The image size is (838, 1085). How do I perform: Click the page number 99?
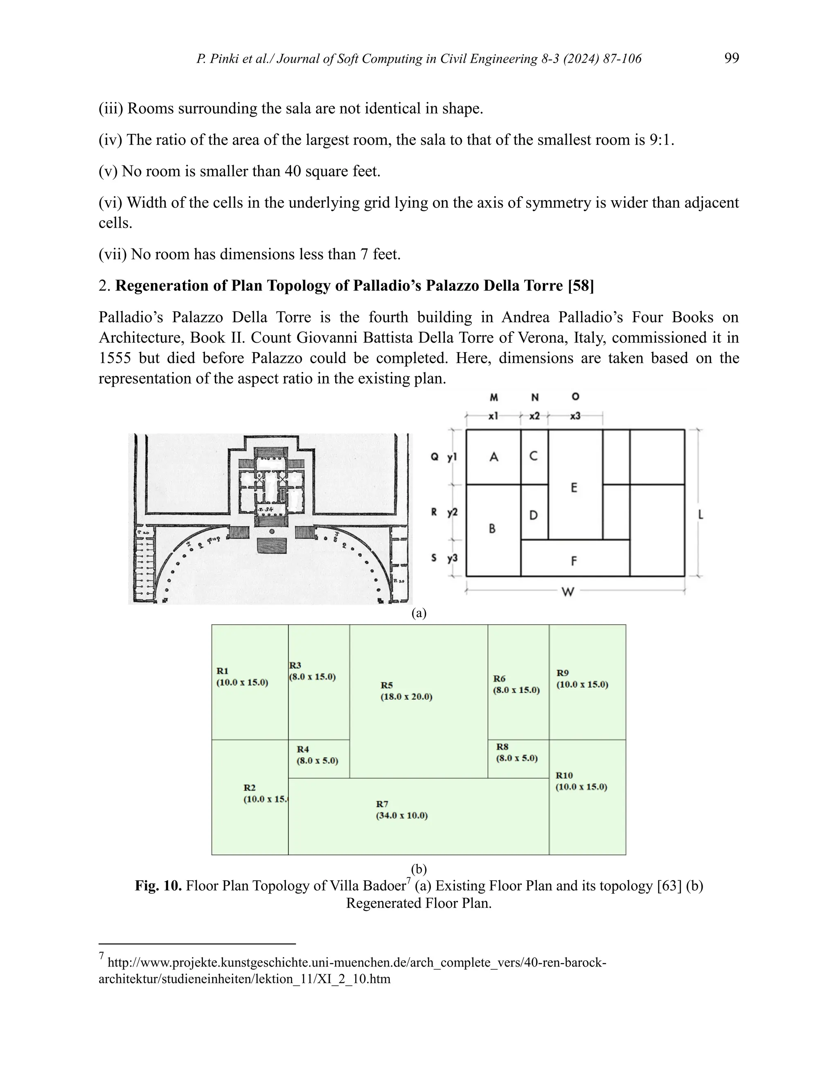pos(731,59)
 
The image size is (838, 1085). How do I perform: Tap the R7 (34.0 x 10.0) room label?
pos(402,810)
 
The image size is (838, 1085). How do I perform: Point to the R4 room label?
pos(317,755)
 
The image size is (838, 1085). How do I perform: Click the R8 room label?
pos(516,753)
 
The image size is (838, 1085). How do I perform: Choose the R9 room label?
pos(582,678)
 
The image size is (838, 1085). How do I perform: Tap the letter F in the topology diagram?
pos(574,561)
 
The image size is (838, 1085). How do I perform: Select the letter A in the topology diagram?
pos(493,457)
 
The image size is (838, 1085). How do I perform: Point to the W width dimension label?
pos(568,592)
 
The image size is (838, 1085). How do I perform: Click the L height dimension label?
pos(701,515)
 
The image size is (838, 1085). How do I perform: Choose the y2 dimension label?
pos(452,512)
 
